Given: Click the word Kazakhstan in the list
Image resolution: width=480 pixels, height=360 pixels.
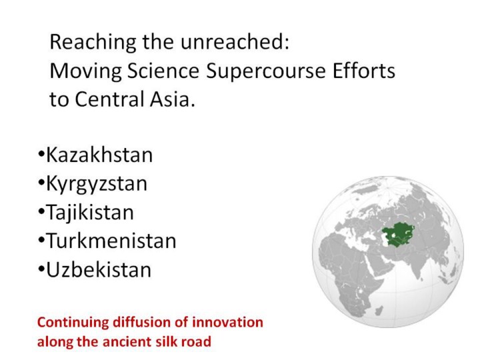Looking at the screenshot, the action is [99, 155].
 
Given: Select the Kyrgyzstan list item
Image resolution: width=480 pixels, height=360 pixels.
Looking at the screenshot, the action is [97, 185].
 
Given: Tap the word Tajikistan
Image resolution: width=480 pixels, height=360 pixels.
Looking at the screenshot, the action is [90, 213].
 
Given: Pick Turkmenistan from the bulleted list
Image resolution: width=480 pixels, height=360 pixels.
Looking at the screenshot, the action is [111, 241].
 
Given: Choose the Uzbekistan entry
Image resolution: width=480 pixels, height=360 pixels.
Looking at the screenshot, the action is [99, 270].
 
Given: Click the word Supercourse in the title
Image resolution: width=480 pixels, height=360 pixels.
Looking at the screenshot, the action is [266, 72].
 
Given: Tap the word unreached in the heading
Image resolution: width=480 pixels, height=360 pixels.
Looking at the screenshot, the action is [235, 41].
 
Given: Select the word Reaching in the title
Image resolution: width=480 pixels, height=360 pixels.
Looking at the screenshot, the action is [93, 43].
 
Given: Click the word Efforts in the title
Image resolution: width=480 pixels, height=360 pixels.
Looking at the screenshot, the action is [364, 71].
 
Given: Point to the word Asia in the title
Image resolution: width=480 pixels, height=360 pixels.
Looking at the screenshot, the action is [173, 99].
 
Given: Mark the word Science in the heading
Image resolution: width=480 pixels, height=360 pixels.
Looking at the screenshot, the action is [163, 71].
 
